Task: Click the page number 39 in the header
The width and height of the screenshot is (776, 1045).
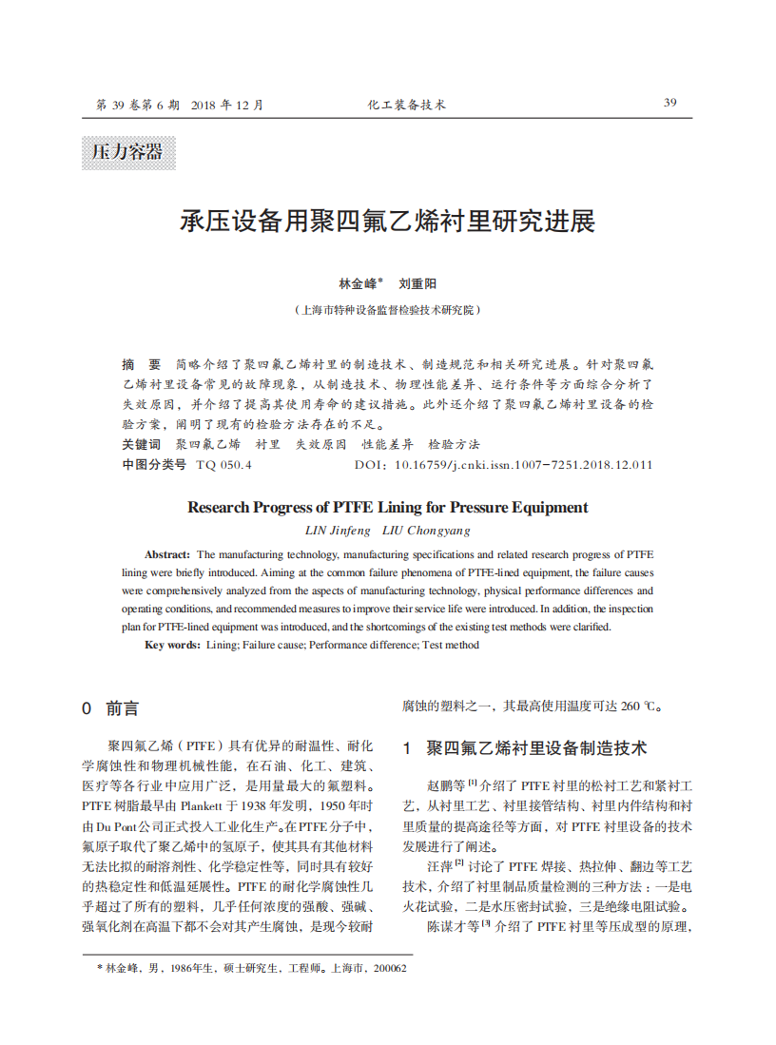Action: click(669, 103)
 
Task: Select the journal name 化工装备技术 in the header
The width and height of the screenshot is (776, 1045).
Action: click(406, 105)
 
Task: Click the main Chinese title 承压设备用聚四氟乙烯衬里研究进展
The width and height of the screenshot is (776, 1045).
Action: click(388, 223)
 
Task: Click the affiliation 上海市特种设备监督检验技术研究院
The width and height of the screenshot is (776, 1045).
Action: click(388, 310)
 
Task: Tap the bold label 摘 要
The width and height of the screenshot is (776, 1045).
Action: click(142, 364)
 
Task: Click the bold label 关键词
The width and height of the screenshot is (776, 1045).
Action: click(142, 444)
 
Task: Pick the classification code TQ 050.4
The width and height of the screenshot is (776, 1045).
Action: click(223, 465)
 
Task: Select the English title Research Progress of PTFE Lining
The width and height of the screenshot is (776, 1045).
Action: click(388, 507)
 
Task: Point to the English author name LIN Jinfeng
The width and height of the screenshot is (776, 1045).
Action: click(338, 530)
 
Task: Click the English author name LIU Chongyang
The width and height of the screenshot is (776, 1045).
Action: click(426, 530)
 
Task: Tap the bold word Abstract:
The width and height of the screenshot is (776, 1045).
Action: click(167, 553)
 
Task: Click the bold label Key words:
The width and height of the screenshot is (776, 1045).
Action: click(172, 645)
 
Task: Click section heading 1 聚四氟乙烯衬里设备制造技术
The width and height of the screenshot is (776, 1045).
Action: click(525, 748)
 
